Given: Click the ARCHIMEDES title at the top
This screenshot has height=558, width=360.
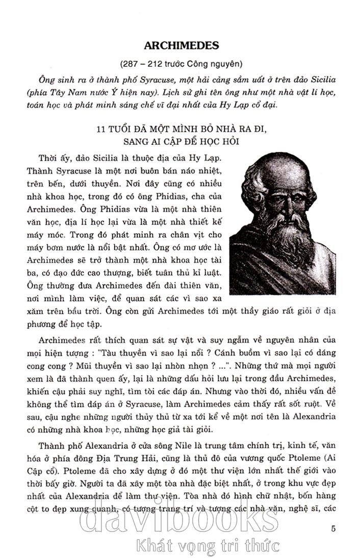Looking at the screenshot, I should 181,45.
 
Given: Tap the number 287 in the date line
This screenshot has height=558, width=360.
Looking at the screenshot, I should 130,65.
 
